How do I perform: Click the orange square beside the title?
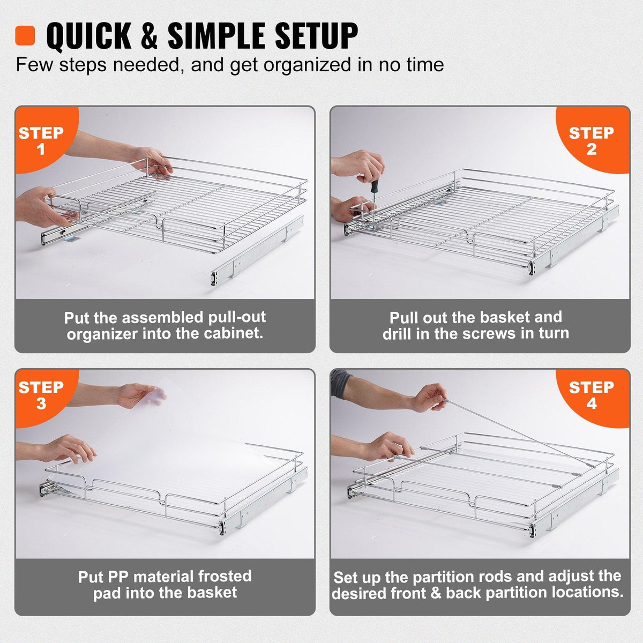pos(25,35)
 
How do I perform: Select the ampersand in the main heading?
pos(149,36)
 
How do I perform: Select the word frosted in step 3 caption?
pos(225,577)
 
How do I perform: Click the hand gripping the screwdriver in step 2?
pos(363,165)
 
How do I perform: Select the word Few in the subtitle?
pos(35,65)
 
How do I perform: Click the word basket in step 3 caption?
pos(212,593)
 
